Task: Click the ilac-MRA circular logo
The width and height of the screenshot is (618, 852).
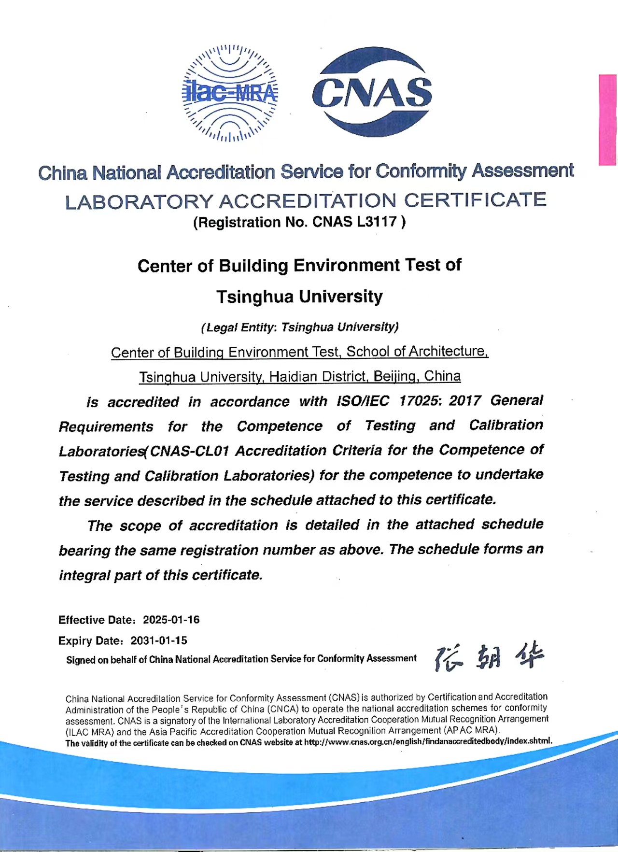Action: pos(230,93)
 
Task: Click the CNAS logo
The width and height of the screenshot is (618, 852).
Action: pos(372,92)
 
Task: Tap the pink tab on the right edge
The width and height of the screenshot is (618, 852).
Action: pos(607,120)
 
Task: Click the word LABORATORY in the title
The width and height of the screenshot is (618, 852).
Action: pos(139,202)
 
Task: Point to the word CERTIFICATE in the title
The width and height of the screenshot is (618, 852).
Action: pos(475,200)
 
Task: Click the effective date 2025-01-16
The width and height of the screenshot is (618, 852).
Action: pos(171,620)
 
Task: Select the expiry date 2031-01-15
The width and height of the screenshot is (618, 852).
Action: pos(159,640)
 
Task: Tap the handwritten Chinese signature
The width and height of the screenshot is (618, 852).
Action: pos(489,657)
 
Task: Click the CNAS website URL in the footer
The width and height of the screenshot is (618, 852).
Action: pos(428,741)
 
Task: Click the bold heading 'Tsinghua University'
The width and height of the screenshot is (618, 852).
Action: pos(299,296)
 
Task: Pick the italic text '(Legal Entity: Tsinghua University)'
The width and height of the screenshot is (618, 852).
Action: pos(300,327)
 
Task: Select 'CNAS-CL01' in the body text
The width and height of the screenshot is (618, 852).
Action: pos(189,451)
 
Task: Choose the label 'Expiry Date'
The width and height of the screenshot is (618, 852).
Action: pos(89,641)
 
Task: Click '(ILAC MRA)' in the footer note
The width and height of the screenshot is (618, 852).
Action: pos(89,732)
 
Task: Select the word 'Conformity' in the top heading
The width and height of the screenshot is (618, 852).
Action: pos(421,171)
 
